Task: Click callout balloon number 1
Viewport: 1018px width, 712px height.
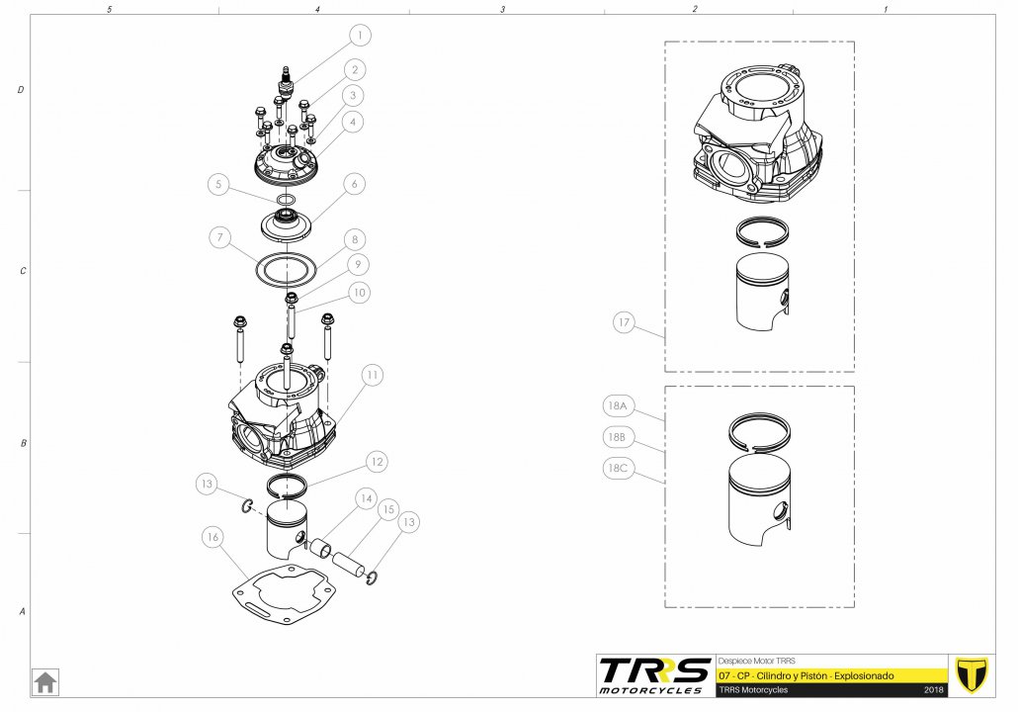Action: coord(360,35)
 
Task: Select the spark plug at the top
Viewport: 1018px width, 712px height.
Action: coord(285,82)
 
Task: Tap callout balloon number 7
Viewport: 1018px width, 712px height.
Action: coord(220,237)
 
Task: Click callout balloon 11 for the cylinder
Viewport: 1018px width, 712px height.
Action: coord(372,375)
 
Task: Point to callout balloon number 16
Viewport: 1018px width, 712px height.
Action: coord(212,537)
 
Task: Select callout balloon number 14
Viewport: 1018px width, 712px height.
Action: coord(366,498)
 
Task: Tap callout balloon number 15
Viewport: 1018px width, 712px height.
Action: coord(388,510)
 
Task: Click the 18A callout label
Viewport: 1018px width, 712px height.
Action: coord(618,406)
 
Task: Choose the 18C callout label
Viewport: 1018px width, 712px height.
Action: coord(618,468)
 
